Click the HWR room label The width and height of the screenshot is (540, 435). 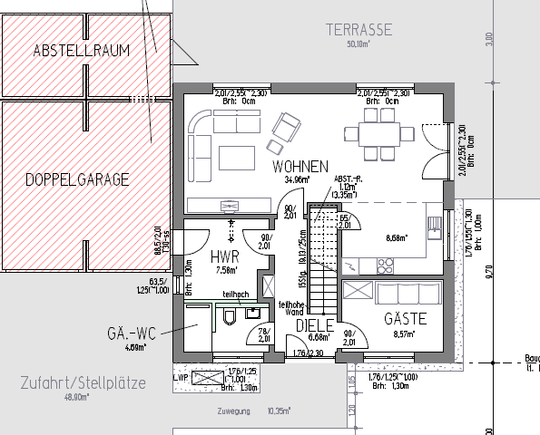(x=224, y=256)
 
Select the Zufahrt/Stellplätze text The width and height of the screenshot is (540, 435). (x=83, y=383)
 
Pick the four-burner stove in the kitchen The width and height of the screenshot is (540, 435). (x=386, y=266)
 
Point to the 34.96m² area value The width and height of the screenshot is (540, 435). (x=295, y=180)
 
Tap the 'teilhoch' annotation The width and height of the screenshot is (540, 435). (x=236, y=294)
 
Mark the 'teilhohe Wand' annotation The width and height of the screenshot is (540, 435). (x=290, y=309)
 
